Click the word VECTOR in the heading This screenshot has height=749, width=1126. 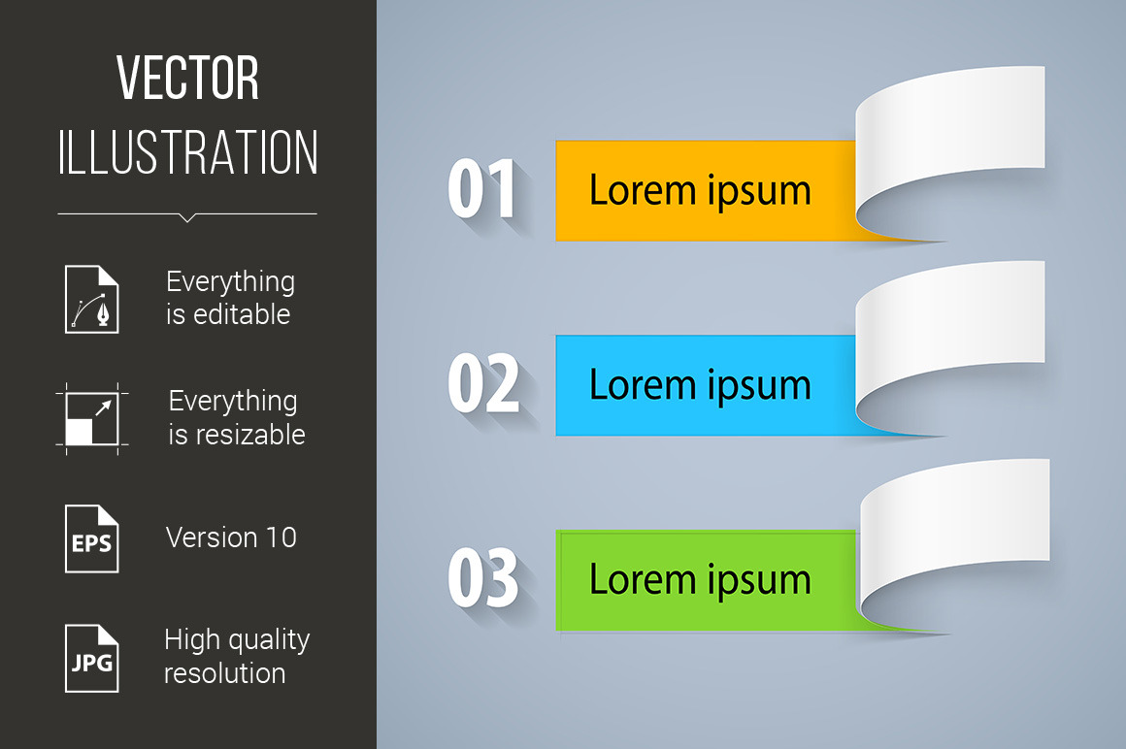(187, 78)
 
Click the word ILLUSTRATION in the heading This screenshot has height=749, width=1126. (187, 152)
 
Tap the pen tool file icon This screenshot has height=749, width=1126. (92, 299)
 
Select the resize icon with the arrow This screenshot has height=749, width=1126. (92, 419)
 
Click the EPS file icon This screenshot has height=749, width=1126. (92, 538)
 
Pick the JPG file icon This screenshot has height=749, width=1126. (92, 659)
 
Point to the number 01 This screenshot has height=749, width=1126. (481, 188)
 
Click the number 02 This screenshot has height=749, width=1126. (482, 383)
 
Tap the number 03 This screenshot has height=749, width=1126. (482, 577)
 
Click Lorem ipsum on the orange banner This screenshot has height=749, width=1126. (700, 191)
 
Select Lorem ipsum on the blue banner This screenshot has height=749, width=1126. (700, 386)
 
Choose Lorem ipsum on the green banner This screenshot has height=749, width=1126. (700, 580)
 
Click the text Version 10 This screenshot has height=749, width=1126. (231, 537)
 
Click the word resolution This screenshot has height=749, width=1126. (225, 673)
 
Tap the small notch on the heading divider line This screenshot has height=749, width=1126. (187, 217)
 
